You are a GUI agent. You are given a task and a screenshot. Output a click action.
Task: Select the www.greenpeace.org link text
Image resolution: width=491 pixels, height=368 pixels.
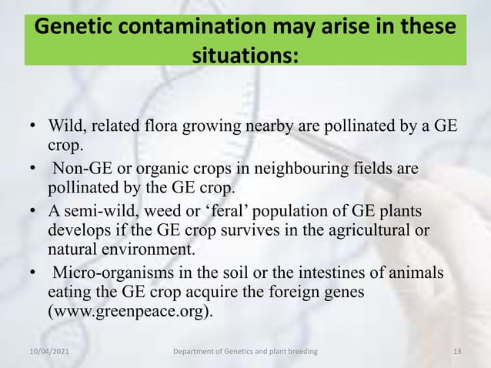[131, 314]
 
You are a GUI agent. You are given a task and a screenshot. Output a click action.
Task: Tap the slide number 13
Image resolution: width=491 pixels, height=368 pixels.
[458, 352]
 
